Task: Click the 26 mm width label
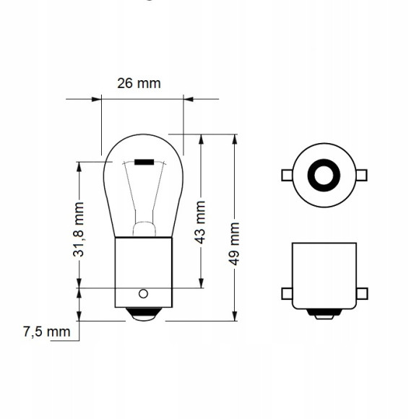[139, 83]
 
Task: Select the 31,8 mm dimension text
[79, 230]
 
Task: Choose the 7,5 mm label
[46, 332]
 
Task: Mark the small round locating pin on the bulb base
[143, 293]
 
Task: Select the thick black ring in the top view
[323, 174]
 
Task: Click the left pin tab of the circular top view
[286, 174]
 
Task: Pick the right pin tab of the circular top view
[360, 174]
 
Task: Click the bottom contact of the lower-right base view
[323, 314]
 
